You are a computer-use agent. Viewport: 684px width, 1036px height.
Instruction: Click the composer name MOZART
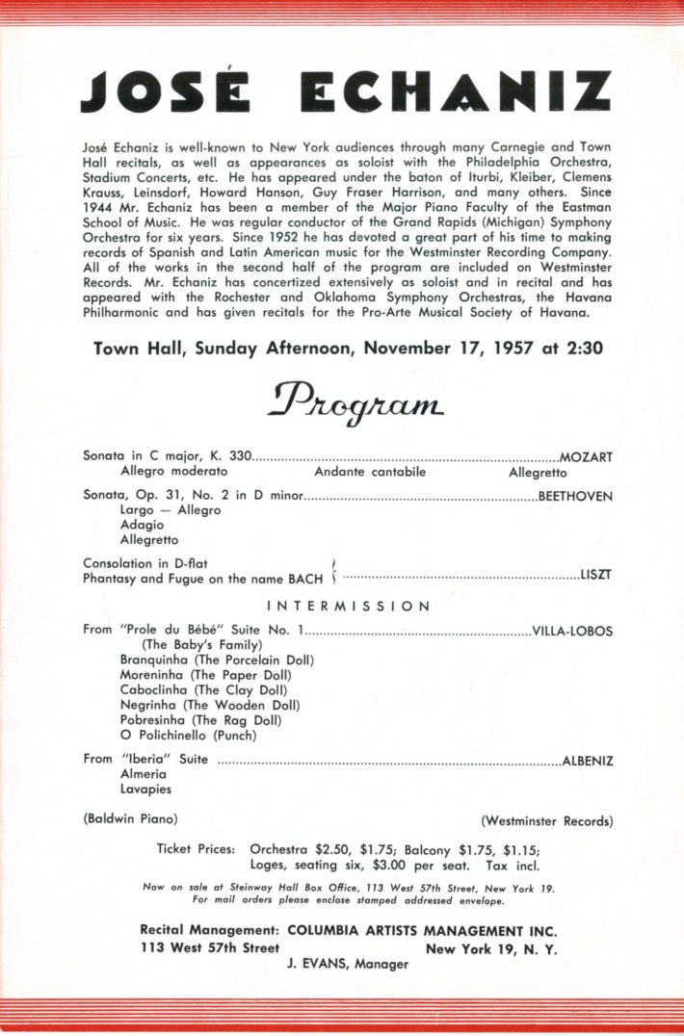coord(586,456)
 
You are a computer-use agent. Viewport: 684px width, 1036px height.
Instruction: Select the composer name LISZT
coord(596,575)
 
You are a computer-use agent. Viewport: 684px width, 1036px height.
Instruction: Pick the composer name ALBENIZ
coord(588,760)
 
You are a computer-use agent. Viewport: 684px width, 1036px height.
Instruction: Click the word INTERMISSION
coord(348,607)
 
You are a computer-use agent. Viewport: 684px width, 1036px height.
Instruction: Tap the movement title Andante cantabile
coord(370,472)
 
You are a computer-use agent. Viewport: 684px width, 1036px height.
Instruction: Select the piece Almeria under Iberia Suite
coord(144,774)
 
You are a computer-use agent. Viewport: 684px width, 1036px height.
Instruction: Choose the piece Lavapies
coord(146,789)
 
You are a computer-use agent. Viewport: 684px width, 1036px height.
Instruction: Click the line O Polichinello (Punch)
coord(188,734)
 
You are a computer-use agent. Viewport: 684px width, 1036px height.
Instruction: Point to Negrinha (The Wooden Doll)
coord(210,705)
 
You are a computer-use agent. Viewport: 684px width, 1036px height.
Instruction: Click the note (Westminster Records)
coord(546,821)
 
